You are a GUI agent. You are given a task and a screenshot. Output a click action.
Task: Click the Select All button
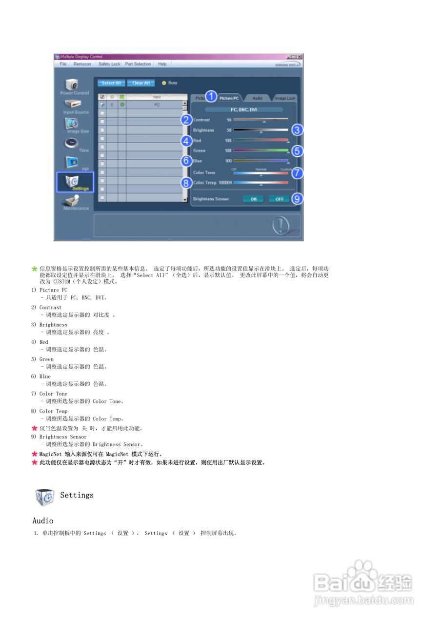[x=111, y=83]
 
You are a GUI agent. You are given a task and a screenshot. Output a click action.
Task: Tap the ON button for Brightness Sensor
[x=253, y=199]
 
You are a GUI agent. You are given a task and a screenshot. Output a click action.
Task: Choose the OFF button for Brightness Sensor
[x=279, y=199]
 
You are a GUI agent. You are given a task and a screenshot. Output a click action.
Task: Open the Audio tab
[x=257, y=99]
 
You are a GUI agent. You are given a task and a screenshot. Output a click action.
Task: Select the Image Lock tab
[x=284, y=99]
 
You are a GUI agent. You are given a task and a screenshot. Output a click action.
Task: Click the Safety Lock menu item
[x=109, y=64]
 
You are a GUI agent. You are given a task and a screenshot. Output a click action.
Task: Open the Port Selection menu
[x=138, y=64]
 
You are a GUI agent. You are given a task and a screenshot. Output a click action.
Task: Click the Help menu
[x=162, y=64]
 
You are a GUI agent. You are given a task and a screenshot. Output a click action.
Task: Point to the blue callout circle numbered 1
[x=211, y=96]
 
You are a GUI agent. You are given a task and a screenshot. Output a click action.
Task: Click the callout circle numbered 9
[x=297, y=198]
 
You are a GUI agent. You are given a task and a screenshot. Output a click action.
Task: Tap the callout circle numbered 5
[x=297, y=151]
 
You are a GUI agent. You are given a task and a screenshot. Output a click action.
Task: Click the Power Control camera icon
[x=72, y=83]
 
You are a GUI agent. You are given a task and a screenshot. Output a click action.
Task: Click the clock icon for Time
[x=71, y=142]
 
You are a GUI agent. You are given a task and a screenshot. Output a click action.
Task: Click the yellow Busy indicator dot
[x=164, y=83]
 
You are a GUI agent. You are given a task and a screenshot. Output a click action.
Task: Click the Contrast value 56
[x=229, y=120]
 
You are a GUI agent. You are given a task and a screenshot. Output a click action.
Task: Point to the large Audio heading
[x=43, y=521]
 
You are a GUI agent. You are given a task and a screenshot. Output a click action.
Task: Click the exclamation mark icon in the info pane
[x=281, y=225]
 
